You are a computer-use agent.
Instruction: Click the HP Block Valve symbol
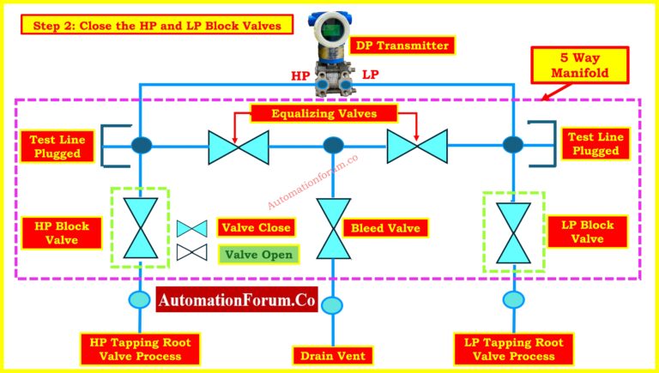141,228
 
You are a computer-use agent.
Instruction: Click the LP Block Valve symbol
513,233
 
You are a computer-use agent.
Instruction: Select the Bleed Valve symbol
333,228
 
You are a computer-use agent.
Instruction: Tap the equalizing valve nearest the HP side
239,147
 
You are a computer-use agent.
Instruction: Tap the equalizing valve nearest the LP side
417,146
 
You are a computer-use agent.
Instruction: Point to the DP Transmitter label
402,45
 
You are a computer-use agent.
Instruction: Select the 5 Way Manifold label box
580,65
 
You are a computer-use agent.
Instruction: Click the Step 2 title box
157,25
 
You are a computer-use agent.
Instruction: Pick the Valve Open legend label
258,254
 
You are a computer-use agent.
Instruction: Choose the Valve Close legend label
256,228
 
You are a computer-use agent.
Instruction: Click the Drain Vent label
333,356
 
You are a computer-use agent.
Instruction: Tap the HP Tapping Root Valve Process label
141,349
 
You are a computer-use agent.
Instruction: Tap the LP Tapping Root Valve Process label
514,349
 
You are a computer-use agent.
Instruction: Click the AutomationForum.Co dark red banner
237,300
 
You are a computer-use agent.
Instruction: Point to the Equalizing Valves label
323,113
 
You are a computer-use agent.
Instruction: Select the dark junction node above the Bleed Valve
333,145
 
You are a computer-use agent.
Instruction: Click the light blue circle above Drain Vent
332,305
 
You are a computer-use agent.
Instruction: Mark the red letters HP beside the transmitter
301,75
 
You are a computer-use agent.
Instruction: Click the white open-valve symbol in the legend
191,252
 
